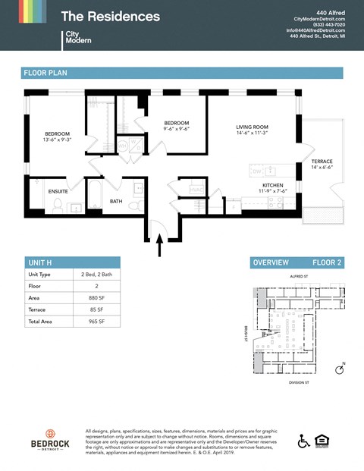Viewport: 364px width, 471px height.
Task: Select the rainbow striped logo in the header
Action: (22, 11)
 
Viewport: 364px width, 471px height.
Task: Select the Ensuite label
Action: (58, 191)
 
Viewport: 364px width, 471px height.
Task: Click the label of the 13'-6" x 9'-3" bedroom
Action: (58, 137)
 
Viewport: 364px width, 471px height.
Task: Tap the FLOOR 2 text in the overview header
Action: (328, 262)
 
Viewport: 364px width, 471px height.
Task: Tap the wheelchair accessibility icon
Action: (304, 441)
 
